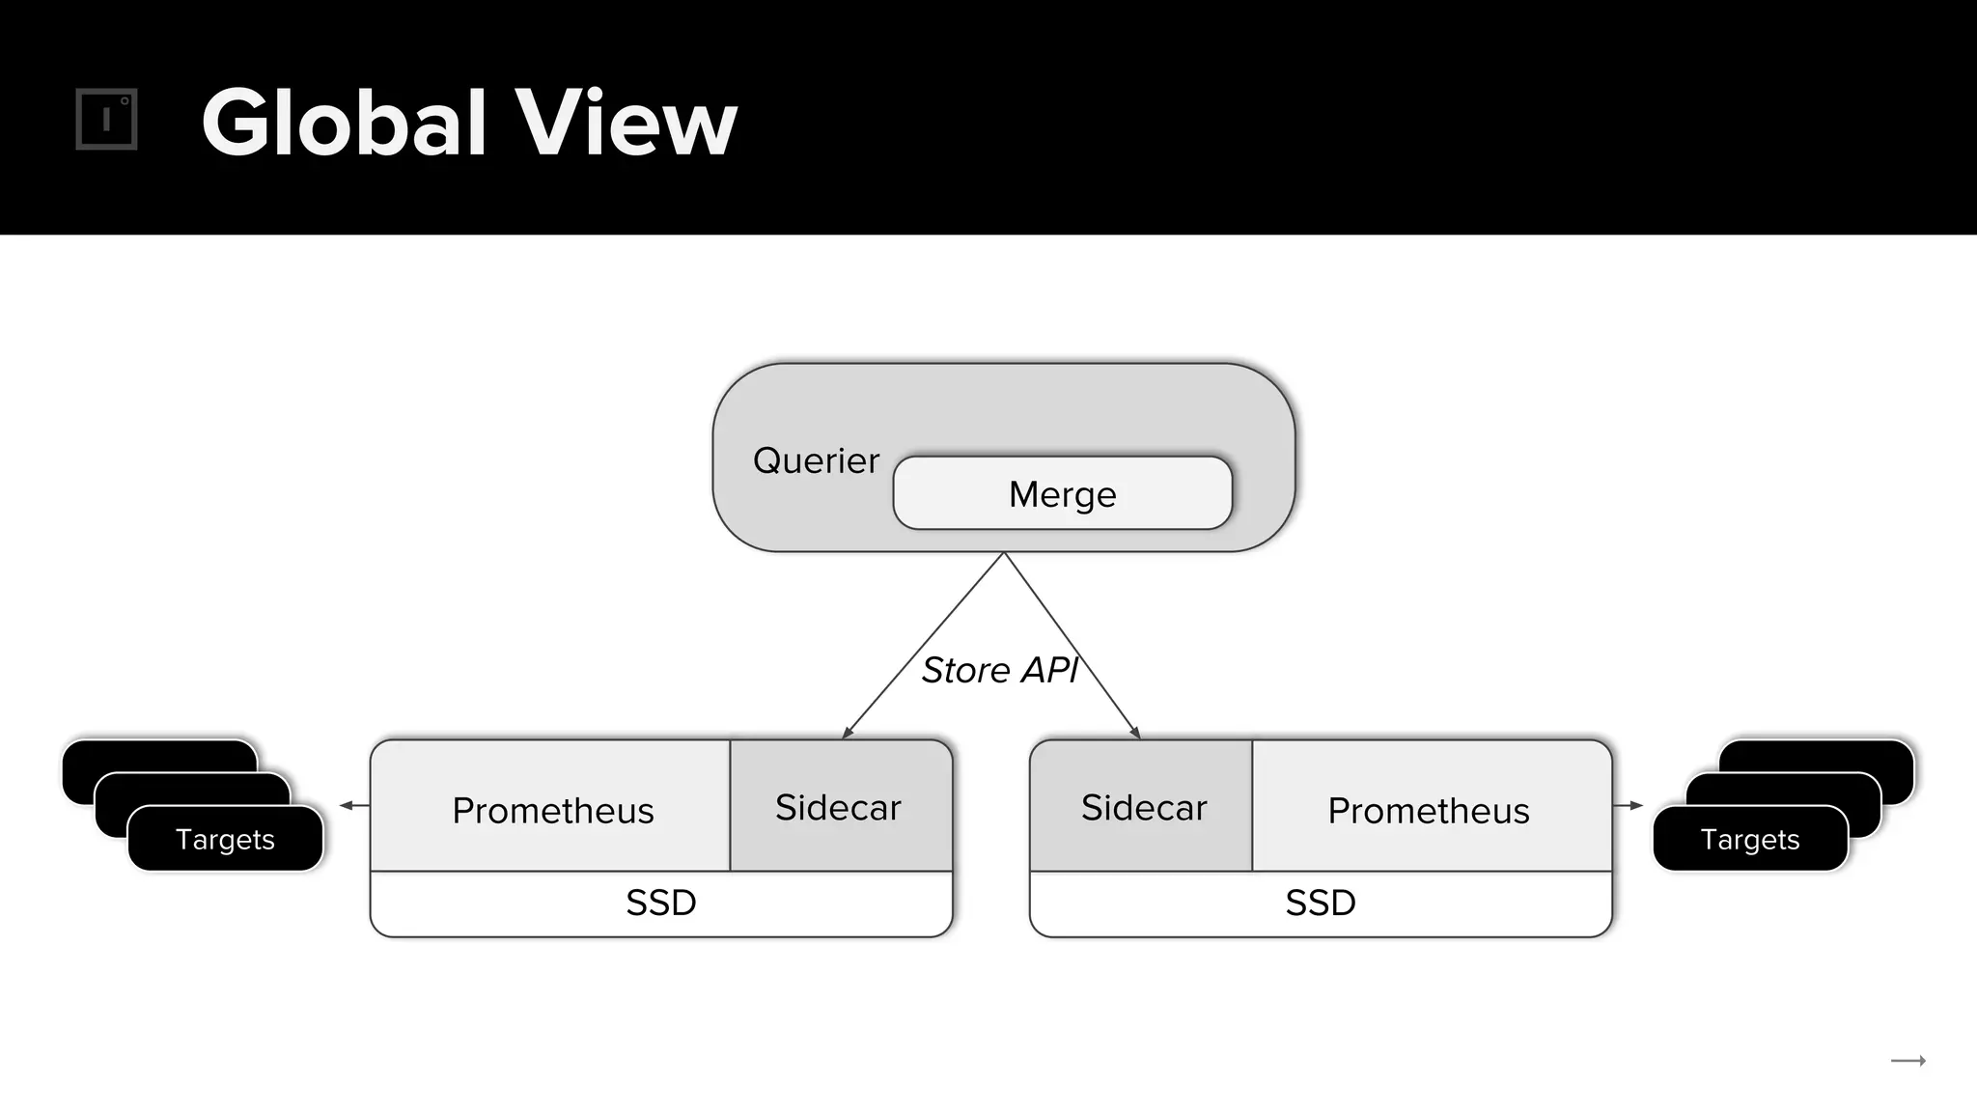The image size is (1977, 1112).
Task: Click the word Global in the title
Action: [x=343, y=123]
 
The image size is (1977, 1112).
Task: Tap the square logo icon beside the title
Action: [x=106, y=120]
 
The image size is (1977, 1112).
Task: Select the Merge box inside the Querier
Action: [x=1062, y=493]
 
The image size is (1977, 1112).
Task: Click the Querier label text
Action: [x=816, y=460]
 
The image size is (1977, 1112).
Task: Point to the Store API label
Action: [x=998, y=670]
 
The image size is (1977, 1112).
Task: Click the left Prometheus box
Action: [x=552, y=809]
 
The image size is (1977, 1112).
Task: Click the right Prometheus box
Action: [x=1429, y=809]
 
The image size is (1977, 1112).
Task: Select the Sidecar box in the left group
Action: [x=838, y=807]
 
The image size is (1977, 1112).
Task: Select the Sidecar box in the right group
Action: [x=1143, y=807]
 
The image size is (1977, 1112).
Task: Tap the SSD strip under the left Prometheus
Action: [x=661, y=903]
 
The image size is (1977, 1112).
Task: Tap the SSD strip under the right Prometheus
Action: [x=1321, y=903]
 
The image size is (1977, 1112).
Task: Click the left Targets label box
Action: [x=225, y=839]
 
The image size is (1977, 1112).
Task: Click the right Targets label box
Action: [x=1749, y=839]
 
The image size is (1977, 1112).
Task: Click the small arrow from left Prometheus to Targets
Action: [x=353, y=805]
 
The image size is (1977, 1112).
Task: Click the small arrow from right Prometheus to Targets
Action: [x=1629, y=805]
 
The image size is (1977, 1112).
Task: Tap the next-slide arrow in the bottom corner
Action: [x=1907, y=1061]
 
